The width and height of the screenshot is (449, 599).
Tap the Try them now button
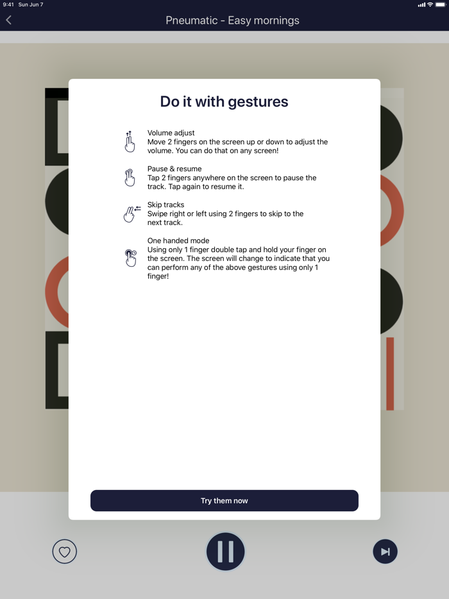[x=224, y=501]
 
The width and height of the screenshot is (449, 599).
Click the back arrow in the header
[x=9, y=21]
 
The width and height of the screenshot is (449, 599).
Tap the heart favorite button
[x=64, y=552]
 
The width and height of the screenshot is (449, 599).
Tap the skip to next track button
[x=385, y=552]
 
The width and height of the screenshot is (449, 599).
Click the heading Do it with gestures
[x=224, y=101]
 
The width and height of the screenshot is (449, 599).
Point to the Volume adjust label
[x=171, y=133]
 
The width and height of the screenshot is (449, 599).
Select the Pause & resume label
[x=174, y=169]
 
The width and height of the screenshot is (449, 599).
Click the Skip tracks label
[x=165, y=205]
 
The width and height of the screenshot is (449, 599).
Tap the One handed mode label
[x=178, y=241]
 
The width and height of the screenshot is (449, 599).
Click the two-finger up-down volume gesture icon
[x=130, y=142]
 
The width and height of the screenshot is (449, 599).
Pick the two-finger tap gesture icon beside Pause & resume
[x=130, y=178]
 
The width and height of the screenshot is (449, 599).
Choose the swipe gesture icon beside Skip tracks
[x=131, y=214]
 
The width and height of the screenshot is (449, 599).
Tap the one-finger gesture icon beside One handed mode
[x=130, y=258]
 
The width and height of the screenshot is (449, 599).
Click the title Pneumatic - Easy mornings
[x=232, y=21]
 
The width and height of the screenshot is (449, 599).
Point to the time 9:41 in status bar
[x=8, y=4]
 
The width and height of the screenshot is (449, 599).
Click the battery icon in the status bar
[x=441, y=4]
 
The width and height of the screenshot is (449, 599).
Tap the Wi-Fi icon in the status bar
[x=430, y=4]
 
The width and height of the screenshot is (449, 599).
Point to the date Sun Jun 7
[x=31, y=4]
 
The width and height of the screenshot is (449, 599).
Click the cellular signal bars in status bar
[x=421, y=4]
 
